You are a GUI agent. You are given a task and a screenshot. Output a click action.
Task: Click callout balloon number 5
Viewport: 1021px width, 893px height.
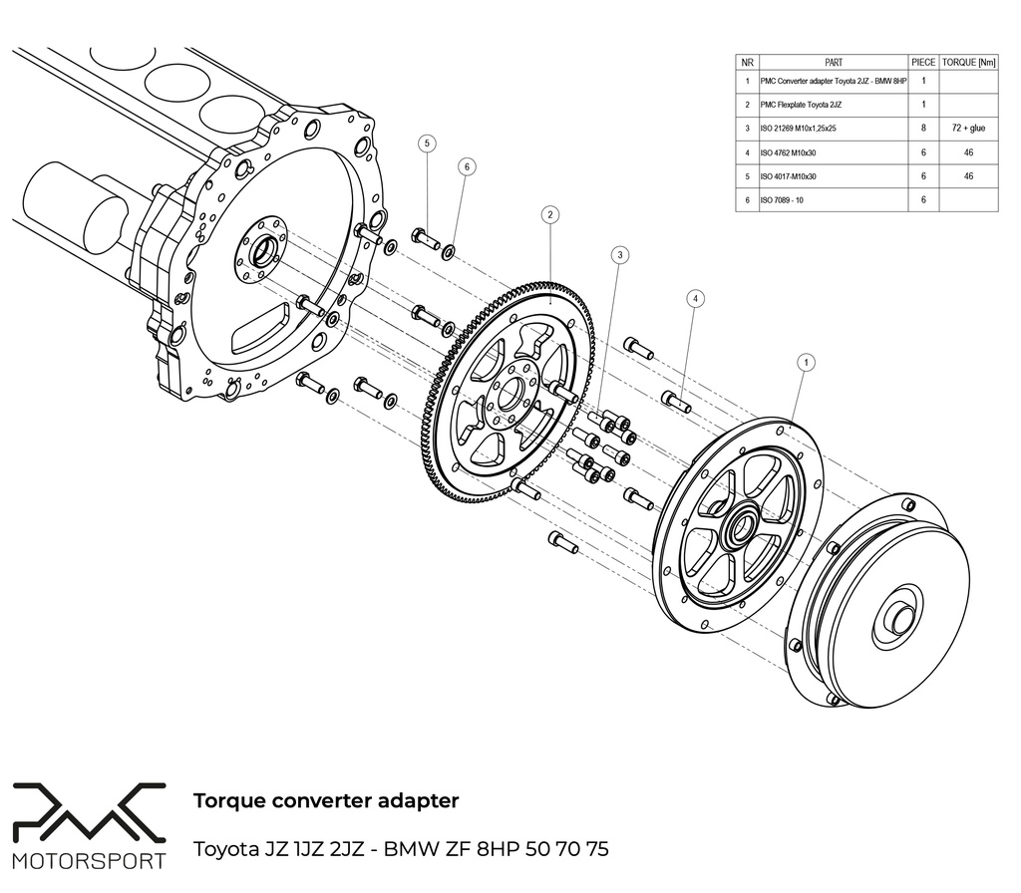click(427, 144)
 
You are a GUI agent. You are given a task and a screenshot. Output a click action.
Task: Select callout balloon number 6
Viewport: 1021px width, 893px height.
click(466, 167)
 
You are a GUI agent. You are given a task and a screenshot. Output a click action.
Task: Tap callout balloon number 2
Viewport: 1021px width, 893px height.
click(549, 214)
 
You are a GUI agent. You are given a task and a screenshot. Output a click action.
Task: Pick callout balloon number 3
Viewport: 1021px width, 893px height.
click(620, 255)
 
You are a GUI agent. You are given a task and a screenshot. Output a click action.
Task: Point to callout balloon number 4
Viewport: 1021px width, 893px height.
click(695, 298)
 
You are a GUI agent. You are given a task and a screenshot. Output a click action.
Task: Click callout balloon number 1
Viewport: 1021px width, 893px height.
click(806, 363)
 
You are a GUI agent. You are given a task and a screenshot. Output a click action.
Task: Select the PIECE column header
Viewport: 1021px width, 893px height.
click(923, 62)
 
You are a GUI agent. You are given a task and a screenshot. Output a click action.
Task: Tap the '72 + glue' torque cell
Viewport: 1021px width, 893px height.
click(968, 128)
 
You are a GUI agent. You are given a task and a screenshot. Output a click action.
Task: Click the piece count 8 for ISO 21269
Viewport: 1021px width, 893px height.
click(923, 128)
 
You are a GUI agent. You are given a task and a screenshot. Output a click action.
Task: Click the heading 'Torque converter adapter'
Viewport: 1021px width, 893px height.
click(325, 800)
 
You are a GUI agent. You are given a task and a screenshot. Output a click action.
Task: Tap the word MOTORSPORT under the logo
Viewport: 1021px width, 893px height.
click(89, 860)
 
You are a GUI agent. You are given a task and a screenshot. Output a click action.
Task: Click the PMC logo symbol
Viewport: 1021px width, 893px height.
click(88, 813)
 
